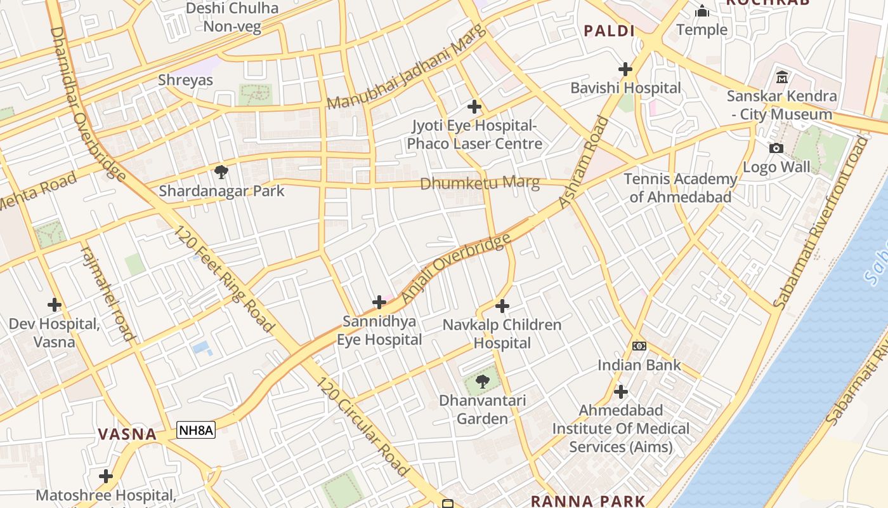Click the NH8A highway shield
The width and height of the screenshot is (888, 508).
pos(196,431)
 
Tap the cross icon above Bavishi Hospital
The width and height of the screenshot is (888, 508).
pos(625,69)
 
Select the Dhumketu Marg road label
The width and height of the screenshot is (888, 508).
pos(480,184)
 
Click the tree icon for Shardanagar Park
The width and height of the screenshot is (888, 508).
pos(221,171)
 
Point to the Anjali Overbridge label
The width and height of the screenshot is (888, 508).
pos(456,268)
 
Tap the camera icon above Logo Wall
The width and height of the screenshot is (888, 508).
pos(776,149)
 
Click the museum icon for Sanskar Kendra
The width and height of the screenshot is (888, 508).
pos(781,77)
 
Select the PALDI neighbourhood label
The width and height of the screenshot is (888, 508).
pos(609,30)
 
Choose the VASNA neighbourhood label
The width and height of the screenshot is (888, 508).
pos(127,434)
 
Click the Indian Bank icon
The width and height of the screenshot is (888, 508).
pos(639,345)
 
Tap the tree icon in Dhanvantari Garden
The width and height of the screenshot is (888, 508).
pos(482,382)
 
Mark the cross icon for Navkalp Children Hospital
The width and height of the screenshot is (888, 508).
pos(502,306)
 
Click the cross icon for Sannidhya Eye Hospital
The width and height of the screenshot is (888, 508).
pos(379,302)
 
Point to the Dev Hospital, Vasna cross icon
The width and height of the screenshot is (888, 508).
pos(55,305)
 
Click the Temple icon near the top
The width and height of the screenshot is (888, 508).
pos(702,11)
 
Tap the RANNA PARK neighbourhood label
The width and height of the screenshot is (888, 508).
pos(587,501)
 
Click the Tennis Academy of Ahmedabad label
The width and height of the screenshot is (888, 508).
pos(680,188)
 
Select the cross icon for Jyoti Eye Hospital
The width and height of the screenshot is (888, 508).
pos(474,107)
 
